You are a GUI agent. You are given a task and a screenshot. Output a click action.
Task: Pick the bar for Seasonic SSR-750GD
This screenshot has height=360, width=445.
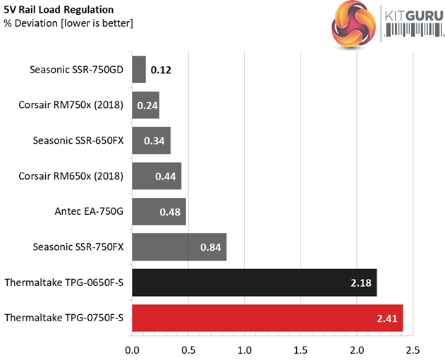(x=139, y=70)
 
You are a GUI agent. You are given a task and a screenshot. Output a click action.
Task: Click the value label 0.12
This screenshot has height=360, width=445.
(x=160, y=70)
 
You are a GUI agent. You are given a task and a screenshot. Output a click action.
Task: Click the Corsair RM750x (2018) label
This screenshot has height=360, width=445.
(x=71, y=105)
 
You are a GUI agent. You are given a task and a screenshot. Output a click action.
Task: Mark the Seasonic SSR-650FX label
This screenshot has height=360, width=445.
(x=78, y=140)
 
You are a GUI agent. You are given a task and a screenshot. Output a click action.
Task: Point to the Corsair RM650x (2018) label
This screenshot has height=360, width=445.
(x=71, y=175)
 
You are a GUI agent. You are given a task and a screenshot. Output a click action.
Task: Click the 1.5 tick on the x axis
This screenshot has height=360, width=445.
(x=301, y=349)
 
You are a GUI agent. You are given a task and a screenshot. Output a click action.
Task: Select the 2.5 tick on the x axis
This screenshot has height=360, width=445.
(x=413, y=349)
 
